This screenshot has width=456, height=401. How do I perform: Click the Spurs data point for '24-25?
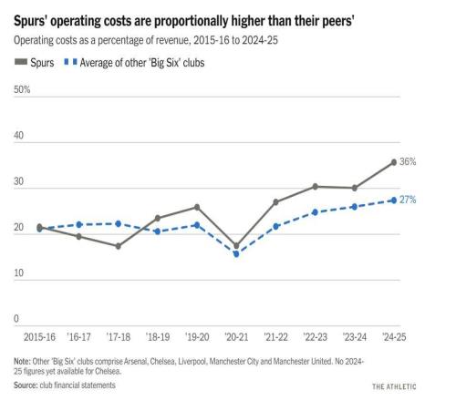tap(393, 162)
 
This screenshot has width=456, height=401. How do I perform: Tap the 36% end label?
tap(408, 161)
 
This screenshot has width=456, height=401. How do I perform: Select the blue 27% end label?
tap(408, 200)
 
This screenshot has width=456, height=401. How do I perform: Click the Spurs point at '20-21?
tap(236, 245)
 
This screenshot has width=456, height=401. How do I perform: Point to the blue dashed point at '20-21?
tap(236, 254)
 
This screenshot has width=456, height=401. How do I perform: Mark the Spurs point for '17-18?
tap(118, 246)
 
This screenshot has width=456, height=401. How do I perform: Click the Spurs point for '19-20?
tap(197, 207)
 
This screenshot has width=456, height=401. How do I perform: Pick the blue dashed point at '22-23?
tap(315, 212)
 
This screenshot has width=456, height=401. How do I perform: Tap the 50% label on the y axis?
tap(21, 89)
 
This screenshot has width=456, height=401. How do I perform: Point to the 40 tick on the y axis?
tap(18, 136)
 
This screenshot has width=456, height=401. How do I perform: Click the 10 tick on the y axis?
tap(17, 273)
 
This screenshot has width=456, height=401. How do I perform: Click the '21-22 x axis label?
tap(276, 337)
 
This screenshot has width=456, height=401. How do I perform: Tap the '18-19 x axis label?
tap(157, 337)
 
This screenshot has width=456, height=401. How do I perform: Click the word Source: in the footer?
tap(27, 386)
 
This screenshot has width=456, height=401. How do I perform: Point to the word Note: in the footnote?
tap(24, 362)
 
